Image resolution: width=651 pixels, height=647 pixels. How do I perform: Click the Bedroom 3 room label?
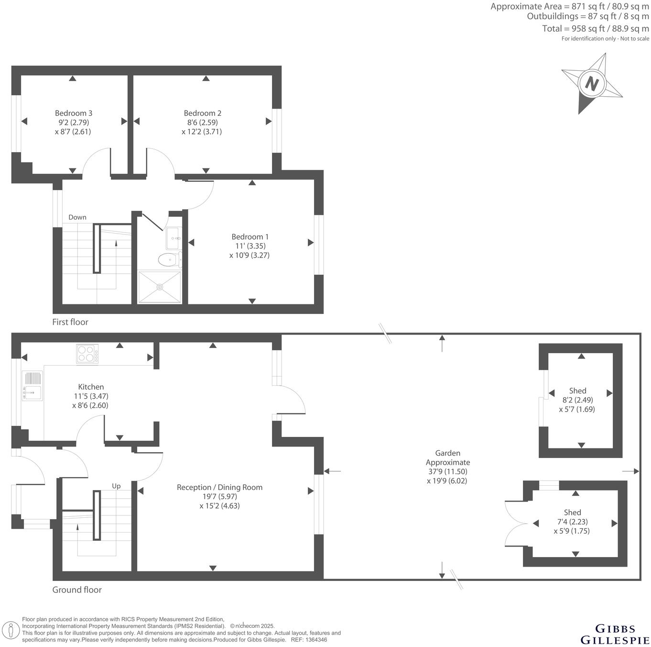pos(73,113)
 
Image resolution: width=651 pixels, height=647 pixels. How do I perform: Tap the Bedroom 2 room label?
pos(202,113)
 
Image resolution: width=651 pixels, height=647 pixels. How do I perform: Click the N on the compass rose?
pos(592,84)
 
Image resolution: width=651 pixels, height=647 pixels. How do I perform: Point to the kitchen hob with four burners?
pos(87,354)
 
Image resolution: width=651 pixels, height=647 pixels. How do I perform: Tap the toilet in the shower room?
pos(169,260)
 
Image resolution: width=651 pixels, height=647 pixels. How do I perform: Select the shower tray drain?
pos(160,287)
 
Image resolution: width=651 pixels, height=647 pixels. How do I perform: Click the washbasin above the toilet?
pos(173,238)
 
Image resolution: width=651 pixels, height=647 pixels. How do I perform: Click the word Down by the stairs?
pos(77,217)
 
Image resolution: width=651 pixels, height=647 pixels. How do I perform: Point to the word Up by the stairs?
pos(116,486)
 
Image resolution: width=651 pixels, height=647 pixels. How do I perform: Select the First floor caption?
pos(70,322)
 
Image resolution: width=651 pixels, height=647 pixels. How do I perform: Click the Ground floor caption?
pos(77,590)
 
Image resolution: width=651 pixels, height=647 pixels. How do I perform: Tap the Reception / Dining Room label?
pos(219,487)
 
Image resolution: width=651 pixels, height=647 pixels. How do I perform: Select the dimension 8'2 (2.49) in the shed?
pos(577,400)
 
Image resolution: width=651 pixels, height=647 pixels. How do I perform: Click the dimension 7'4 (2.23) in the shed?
pos(572,522)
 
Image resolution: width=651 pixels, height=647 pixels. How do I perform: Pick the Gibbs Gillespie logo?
pos(615,634)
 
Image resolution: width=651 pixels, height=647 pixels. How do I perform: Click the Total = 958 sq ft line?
pos(595,28)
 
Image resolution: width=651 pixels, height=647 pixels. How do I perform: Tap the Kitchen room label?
pos(91,387)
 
